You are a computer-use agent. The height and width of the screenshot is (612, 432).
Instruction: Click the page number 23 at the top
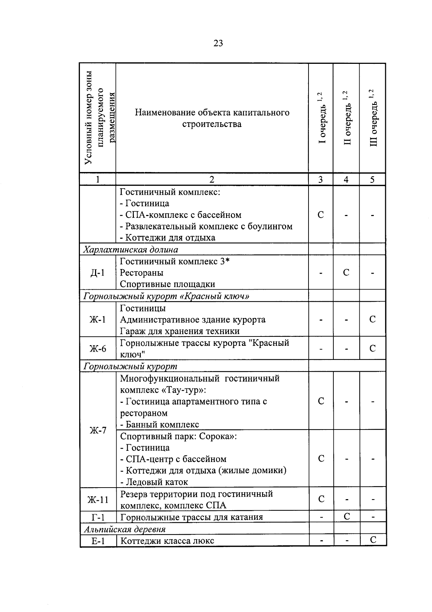tap(218, 44)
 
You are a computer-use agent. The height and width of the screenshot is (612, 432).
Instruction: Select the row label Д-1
tap(98, 273)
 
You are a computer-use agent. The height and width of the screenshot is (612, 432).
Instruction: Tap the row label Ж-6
tap(98, 349)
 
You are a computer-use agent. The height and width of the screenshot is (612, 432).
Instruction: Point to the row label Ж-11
tap(98, 500)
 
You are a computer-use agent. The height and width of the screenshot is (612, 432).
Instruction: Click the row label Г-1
tap(98, 518)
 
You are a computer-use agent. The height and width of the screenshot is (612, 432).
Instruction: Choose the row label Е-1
tap(98, 541)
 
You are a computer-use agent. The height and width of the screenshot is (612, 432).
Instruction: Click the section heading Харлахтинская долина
tap(131, 250)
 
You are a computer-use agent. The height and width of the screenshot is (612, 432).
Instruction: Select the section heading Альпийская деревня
tap(125, 529)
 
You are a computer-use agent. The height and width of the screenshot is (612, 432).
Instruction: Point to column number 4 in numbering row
tap(346, 180)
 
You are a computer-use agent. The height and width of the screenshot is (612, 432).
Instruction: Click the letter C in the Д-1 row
tap(346, 273)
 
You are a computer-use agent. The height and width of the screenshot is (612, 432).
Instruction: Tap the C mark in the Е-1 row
tap(373, 540)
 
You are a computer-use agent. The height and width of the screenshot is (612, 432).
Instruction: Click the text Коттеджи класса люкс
tap(167, 541)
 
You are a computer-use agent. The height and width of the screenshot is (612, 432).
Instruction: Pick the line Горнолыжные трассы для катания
tap(191, 518)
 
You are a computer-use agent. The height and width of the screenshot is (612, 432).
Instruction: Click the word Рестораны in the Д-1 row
tap(141, 273)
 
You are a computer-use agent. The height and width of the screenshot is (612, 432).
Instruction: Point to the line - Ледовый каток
tap(154, 482)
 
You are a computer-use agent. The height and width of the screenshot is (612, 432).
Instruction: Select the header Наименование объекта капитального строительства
tap(212, 118)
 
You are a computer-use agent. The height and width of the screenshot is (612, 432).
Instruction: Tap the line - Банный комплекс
tap(159, 424)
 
